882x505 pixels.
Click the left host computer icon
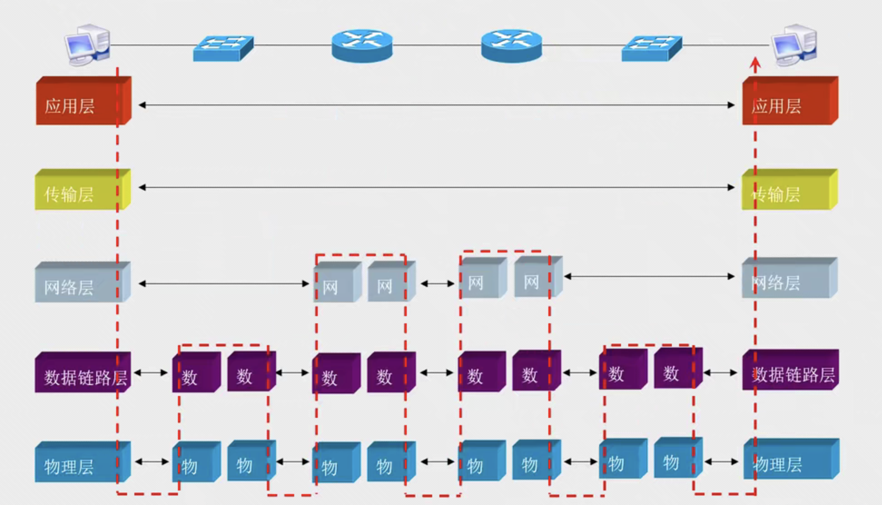pos(88,45)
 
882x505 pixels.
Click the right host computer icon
pos(794,45)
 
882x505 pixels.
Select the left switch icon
pos(223,48)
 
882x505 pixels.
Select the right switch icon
pos(651,48)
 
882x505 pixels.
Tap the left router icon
pos(362,45)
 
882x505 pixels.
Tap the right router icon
pos(512,45)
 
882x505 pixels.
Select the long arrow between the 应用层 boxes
pos(436,105)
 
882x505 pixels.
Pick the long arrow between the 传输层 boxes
pos(436,187)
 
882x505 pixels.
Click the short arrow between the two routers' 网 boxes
pos(437,284)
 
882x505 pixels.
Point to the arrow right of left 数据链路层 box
pos(151,373)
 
